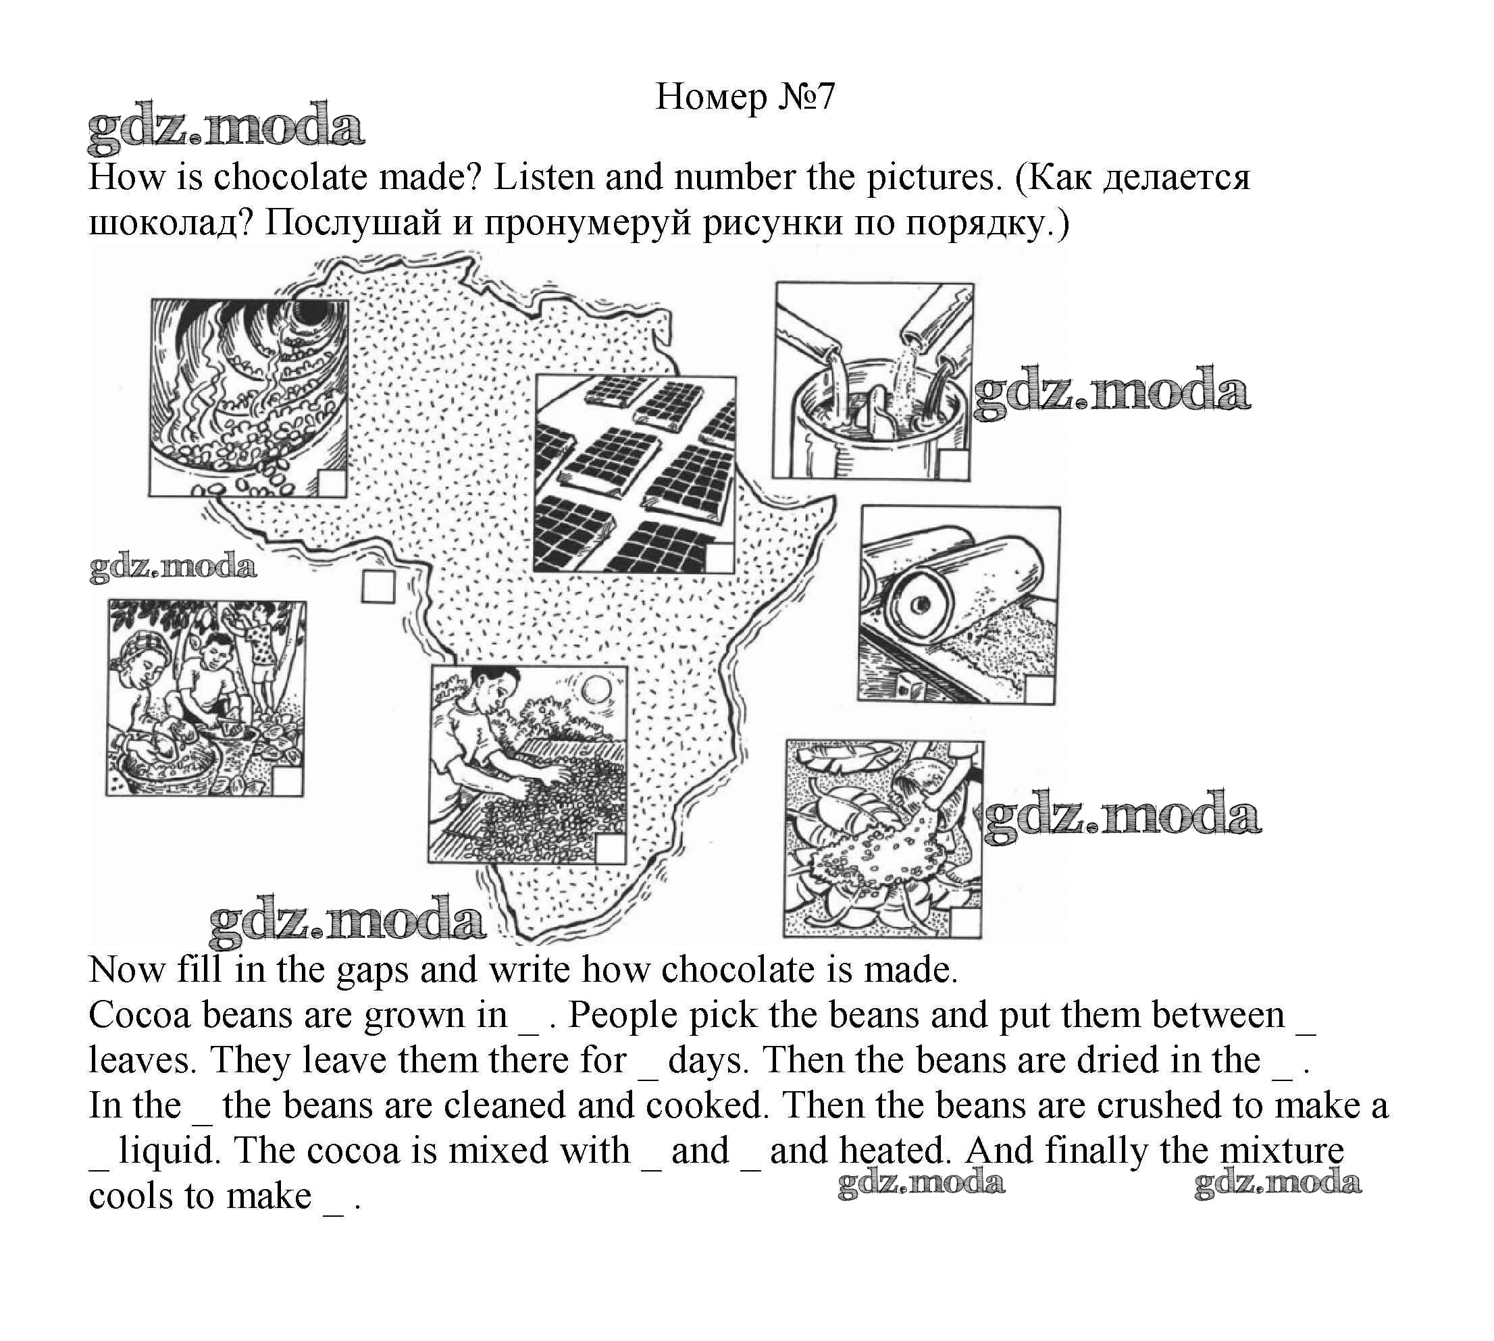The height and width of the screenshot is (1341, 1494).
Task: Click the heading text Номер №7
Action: click(745, 97)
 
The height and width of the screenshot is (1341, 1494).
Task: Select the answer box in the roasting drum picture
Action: click(332, 483)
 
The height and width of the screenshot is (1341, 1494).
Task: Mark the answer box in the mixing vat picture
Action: click(954, 464)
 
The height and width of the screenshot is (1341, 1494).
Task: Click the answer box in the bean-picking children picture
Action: click(288, 781)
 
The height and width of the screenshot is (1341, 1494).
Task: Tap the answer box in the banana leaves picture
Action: click(966, 922)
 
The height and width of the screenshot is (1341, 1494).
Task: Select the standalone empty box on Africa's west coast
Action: click(378, 587)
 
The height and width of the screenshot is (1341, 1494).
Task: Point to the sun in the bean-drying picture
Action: click(596, 690)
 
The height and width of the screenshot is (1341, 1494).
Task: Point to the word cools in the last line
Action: click(130, 1195)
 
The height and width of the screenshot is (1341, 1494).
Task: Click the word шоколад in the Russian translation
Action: click(167, 223)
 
